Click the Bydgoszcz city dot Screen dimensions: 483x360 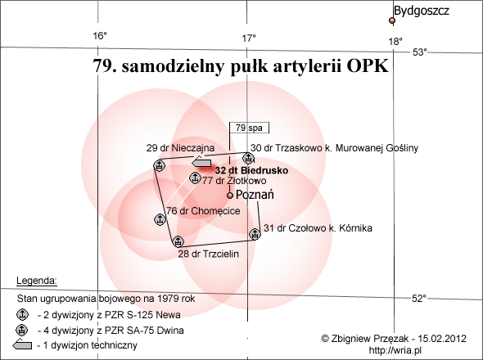[392, 20]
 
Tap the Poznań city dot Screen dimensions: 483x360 [230, 196]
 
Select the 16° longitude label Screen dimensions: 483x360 [100, 36]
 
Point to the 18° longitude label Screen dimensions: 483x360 [395, 41]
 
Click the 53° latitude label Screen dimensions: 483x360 [420, 52]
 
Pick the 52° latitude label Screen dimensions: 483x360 [419, 298]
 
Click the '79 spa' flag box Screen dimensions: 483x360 [249, 128]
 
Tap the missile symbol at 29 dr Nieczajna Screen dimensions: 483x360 [160, 165]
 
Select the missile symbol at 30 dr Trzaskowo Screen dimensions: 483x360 [248, 159]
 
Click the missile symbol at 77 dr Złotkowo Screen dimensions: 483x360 [195, 178]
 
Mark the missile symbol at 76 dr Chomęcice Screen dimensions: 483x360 [160, 219]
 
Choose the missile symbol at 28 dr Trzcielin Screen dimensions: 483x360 [178, 241]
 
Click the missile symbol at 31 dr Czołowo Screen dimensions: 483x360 [255, 234]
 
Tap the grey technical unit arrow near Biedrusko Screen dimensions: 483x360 [201, 162]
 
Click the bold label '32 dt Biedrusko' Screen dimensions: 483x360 [251, 170]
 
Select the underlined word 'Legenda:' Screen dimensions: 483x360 [37, 281]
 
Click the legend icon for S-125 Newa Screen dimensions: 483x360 [22, 314]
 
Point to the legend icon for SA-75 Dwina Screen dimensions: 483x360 [21, 330]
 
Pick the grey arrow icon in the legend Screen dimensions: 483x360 [22, 344]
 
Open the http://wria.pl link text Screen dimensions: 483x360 [395, 350]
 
